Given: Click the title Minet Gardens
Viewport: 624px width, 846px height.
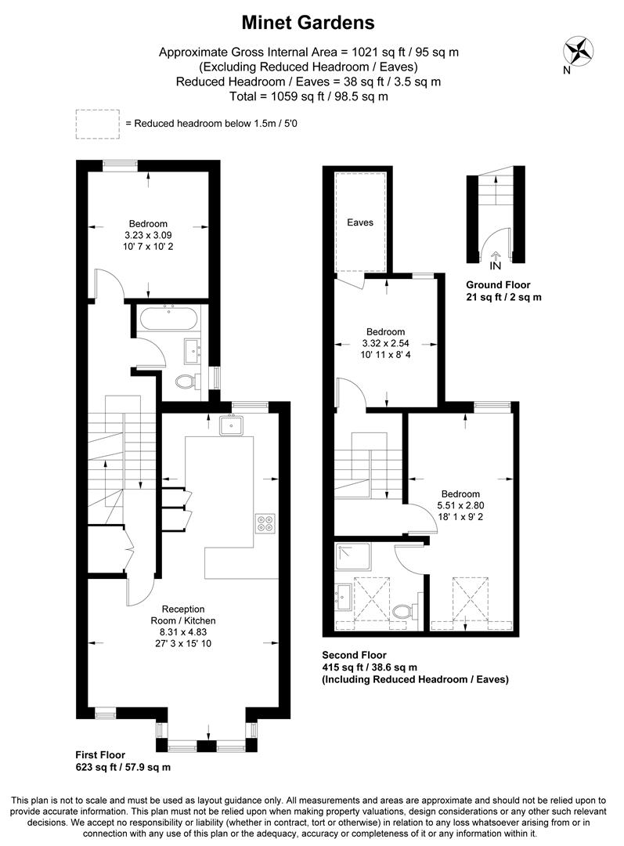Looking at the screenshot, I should click(x=308, y=23).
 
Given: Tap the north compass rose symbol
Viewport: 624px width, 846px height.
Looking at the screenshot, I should click(x=578, y=51).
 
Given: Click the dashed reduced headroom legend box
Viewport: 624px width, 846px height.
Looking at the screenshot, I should click(x=97, y=124).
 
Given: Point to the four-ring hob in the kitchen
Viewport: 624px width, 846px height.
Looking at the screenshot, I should click(x=264, y=522).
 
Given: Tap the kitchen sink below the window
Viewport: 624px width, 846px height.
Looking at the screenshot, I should click(x=232, y=425).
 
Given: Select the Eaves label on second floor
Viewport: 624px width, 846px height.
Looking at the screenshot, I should click(x=360, y=222).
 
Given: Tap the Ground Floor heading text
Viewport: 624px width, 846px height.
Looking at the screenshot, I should click(x=498, y=284).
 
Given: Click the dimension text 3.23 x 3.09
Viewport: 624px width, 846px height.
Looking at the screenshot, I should click(x=148, y=235).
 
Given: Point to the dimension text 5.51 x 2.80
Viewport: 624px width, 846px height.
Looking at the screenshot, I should click(x=460, y=505).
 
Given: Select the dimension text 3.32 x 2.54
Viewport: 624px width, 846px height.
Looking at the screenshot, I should click(x=384, y=343).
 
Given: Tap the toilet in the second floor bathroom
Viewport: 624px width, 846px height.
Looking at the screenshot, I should click(x=402, y=609).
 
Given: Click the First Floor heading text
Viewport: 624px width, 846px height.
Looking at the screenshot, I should click(x=100, y=755).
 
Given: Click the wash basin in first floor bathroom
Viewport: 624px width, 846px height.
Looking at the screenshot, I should click(x=191, y=349).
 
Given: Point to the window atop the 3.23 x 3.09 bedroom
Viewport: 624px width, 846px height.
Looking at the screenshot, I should click(x=119, y=164).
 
